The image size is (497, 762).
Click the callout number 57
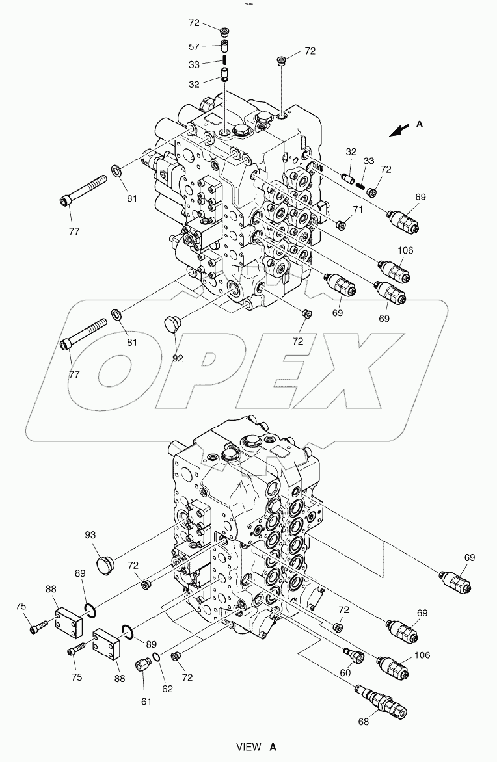pos(195,47)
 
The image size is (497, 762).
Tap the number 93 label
pos(90,535)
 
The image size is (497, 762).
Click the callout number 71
pos(357,209)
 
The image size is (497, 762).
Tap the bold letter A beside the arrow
pos(420,124)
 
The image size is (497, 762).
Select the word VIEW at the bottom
pos(248,748)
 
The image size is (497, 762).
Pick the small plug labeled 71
pos(340,224)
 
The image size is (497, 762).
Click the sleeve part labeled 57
pos(223,46)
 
